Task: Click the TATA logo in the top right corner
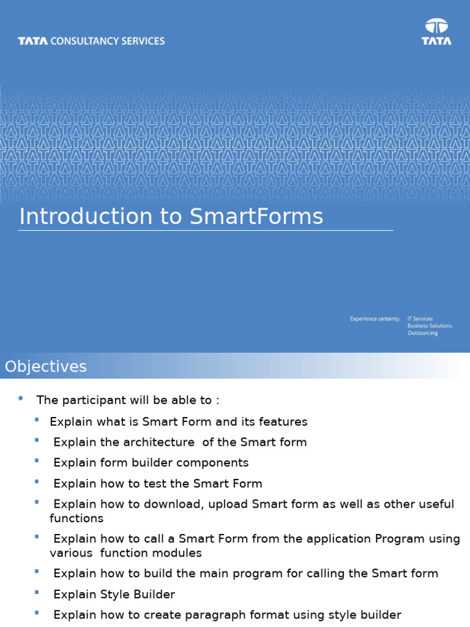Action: coord(436,32)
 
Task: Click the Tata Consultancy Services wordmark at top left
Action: coord(91,41)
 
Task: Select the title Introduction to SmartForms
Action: coord(171,217)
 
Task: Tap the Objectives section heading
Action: coord(46,367)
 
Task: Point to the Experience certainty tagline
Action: coord(375,319)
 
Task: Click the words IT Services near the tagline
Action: coord(420,319)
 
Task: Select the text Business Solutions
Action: coord(430,326)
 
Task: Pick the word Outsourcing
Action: coord(422,333)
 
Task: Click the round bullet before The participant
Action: coord(21,399)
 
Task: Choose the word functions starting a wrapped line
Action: coord(76,519)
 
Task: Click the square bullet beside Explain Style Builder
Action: coord(37,593)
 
